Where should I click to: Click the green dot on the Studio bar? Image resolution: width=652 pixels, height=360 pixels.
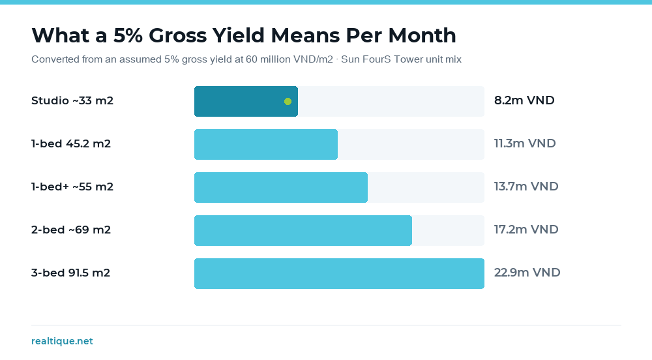(x=288, y=102)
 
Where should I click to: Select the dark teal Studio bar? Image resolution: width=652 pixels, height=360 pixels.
(x=246, y=102)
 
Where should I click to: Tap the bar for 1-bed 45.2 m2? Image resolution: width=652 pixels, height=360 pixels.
(x=266, y=144)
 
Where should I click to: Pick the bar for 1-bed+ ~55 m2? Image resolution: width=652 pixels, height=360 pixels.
(x=281, y=187)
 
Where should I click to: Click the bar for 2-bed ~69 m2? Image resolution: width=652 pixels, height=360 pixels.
(x=303, y=230)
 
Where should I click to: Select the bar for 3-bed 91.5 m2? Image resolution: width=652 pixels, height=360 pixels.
(x=339, y=273)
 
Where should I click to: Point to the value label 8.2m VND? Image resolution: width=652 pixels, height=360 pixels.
(x=524, y=100)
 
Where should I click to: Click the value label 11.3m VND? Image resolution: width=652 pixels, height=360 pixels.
(x=525, y=143)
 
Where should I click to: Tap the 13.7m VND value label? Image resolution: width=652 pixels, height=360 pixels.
(x=526, y=187)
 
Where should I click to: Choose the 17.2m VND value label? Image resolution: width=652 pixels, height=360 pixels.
(x=526, y=230)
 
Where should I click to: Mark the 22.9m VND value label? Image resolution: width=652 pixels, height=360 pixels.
(x=527, y=273)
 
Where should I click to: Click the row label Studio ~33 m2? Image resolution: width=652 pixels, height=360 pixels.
(x=72, y=101)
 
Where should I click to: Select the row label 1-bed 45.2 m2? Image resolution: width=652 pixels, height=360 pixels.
(x=71, y=144)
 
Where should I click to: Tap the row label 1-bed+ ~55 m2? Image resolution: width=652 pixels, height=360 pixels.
(x=72, y=187)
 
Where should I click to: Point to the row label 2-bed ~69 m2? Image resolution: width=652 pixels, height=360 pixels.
(x=71, y=230)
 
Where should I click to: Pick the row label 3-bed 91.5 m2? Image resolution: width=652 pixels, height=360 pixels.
(x=70, y=273)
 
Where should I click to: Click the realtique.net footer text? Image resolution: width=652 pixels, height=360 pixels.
(x=62, y=341)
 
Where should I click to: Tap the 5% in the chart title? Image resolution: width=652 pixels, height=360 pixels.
(x=128, y=35)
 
